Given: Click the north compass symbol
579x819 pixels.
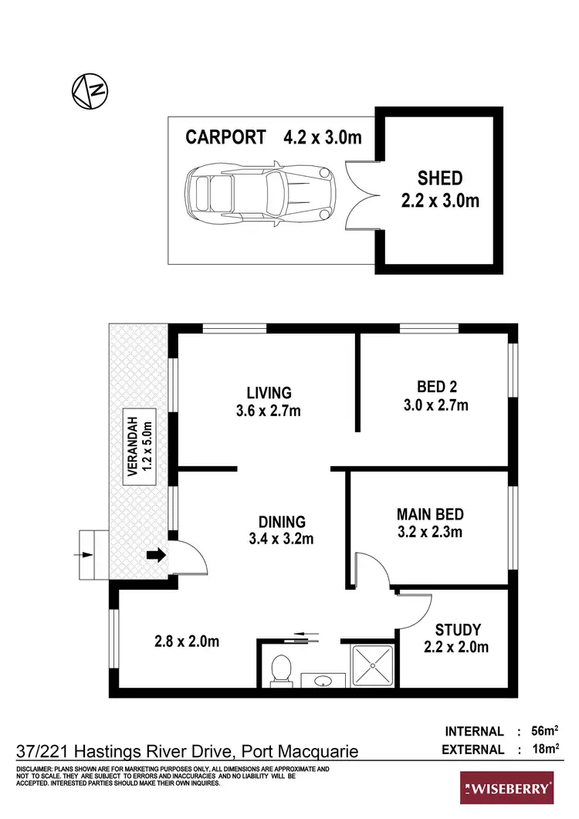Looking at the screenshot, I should click(x=89, y=91).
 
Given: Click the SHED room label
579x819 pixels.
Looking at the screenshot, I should click(x=440, y=178).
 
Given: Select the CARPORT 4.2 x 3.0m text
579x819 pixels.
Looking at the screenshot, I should click(x=273, y=137).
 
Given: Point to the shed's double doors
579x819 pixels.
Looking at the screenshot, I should click(x=361, y=195).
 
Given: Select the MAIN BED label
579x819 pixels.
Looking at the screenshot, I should click(x=430, y=514).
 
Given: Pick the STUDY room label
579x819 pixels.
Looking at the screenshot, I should click(x=457, y=630).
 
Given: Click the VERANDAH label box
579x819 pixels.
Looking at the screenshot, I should click(x=140, y=447).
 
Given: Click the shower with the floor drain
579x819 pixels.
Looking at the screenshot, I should click(x=373, y=664).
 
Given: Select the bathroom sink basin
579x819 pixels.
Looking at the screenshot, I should click(x=323, y=680).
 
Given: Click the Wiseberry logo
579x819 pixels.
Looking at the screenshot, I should click(x=506, y=789).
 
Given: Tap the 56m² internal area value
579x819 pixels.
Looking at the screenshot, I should click(x=545, y=731).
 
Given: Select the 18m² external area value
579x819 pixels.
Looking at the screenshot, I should click(x=545, y=750).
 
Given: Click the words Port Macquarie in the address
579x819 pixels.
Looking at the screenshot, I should click(x=300, y=751).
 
